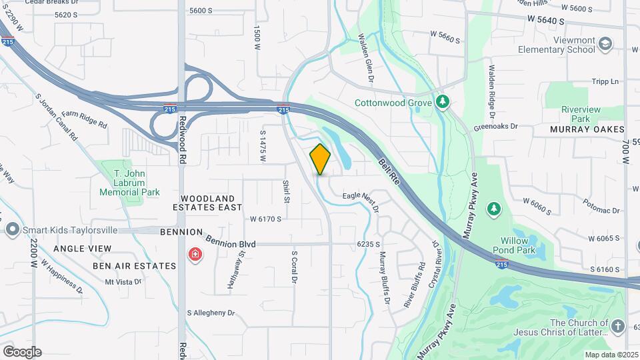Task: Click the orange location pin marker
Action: [320, 159]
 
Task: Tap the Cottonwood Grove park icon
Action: [441, 102]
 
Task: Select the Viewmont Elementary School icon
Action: [605, 45]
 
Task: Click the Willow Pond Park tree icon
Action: [493, 210]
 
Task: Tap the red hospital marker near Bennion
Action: [195, 255]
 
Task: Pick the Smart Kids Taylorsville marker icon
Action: [12, 230]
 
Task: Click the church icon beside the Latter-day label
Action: [618, 327]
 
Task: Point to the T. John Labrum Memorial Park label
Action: [129, 183]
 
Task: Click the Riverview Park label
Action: [581, 114]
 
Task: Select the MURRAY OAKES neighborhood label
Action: [587, 129]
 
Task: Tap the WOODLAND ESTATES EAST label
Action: [211, 203]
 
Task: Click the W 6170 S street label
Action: [265, 219]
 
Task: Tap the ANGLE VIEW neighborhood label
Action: [82, 248]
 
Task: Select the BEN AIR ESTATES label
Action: [134, 265]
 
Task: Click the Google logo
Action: [21, 352]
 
